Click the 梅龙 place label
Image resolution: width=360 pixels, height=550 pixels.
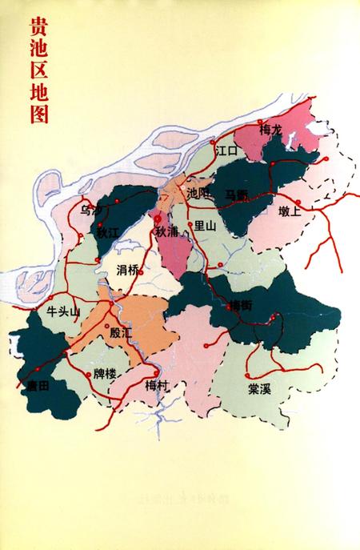pos(271,129)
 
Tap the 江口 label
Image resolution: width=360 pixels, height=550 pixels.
pos(228,150)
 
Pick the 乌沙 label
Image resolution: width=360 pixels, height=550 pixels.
pos(92,211)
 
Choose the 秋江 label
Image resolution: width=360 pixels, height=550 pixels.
pos(107,233)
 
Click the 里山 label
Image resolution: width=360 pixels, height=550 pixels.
pos(206,227)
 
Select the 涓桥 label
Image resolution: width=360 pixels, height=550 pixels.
pos(127,269)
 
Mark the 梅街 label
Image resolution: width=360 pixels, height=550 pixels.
pos(240,305)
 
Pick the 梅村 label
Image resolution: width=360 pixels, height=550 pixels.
pos(155,385)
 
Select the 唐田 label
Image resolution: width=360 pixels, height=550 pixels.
pos(38,386)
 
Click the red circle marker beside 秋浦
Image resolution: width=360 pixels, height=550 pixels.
pos(158,217)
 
